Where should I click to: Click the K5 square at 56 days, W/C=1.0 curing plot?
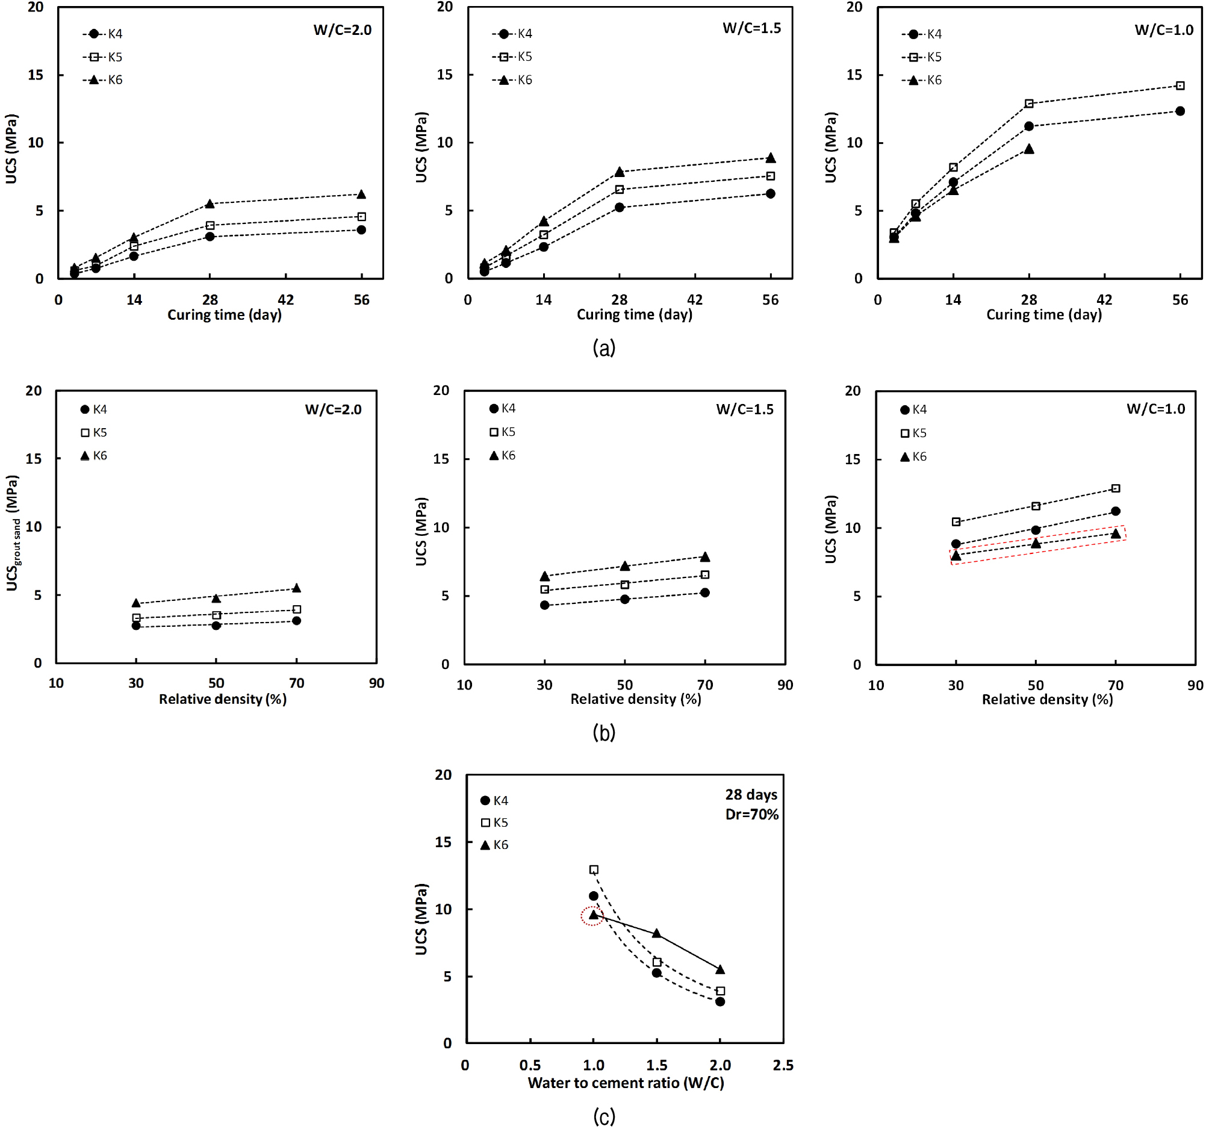(x=1180, y=86)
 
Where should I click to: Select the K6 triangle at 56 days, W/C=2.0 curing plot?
(x=361, y=194)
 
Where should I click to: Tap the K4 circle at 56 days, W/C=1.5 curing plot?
(x=771, y=193)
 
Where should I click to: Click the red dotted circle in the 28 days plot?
(x=592, y=915)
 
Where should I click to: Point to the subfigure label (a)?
(x=604, y=348)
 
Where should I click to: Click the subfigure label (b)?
(x=604, y=732)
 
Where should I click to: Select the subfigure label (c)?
(x=604, y=1117)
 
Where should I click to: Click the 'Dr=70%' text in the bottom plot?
(x=751, y=815)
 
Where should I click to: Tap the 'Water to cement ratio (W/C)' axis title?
(x=626, y=1083)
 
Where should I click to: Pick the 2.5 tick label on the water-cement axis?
(x=783, y=1065)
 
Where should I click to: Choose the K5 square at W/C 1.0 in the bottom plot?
(x=594, y=870)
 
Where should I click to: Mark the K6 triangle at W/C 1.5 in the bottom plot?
(x=657, y=933)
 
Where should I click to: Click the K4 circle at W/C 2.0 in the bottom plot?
(x=720, y=1002)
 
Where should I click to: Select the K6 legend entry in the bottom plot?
(x=494, y=845)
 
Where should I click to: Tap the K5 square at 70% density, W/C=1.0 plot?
(x=1115, y=488)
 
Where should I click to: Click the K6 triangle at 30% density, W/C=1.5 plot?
(x=545, y=576)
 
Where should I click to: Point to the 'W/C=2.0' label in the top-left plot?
(x=343, y=30)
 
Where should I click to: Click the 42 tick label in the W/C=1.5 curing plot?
(x=694, y=300)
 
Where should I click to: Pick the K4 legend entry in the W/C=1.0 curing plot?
(x=922, y=34)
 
